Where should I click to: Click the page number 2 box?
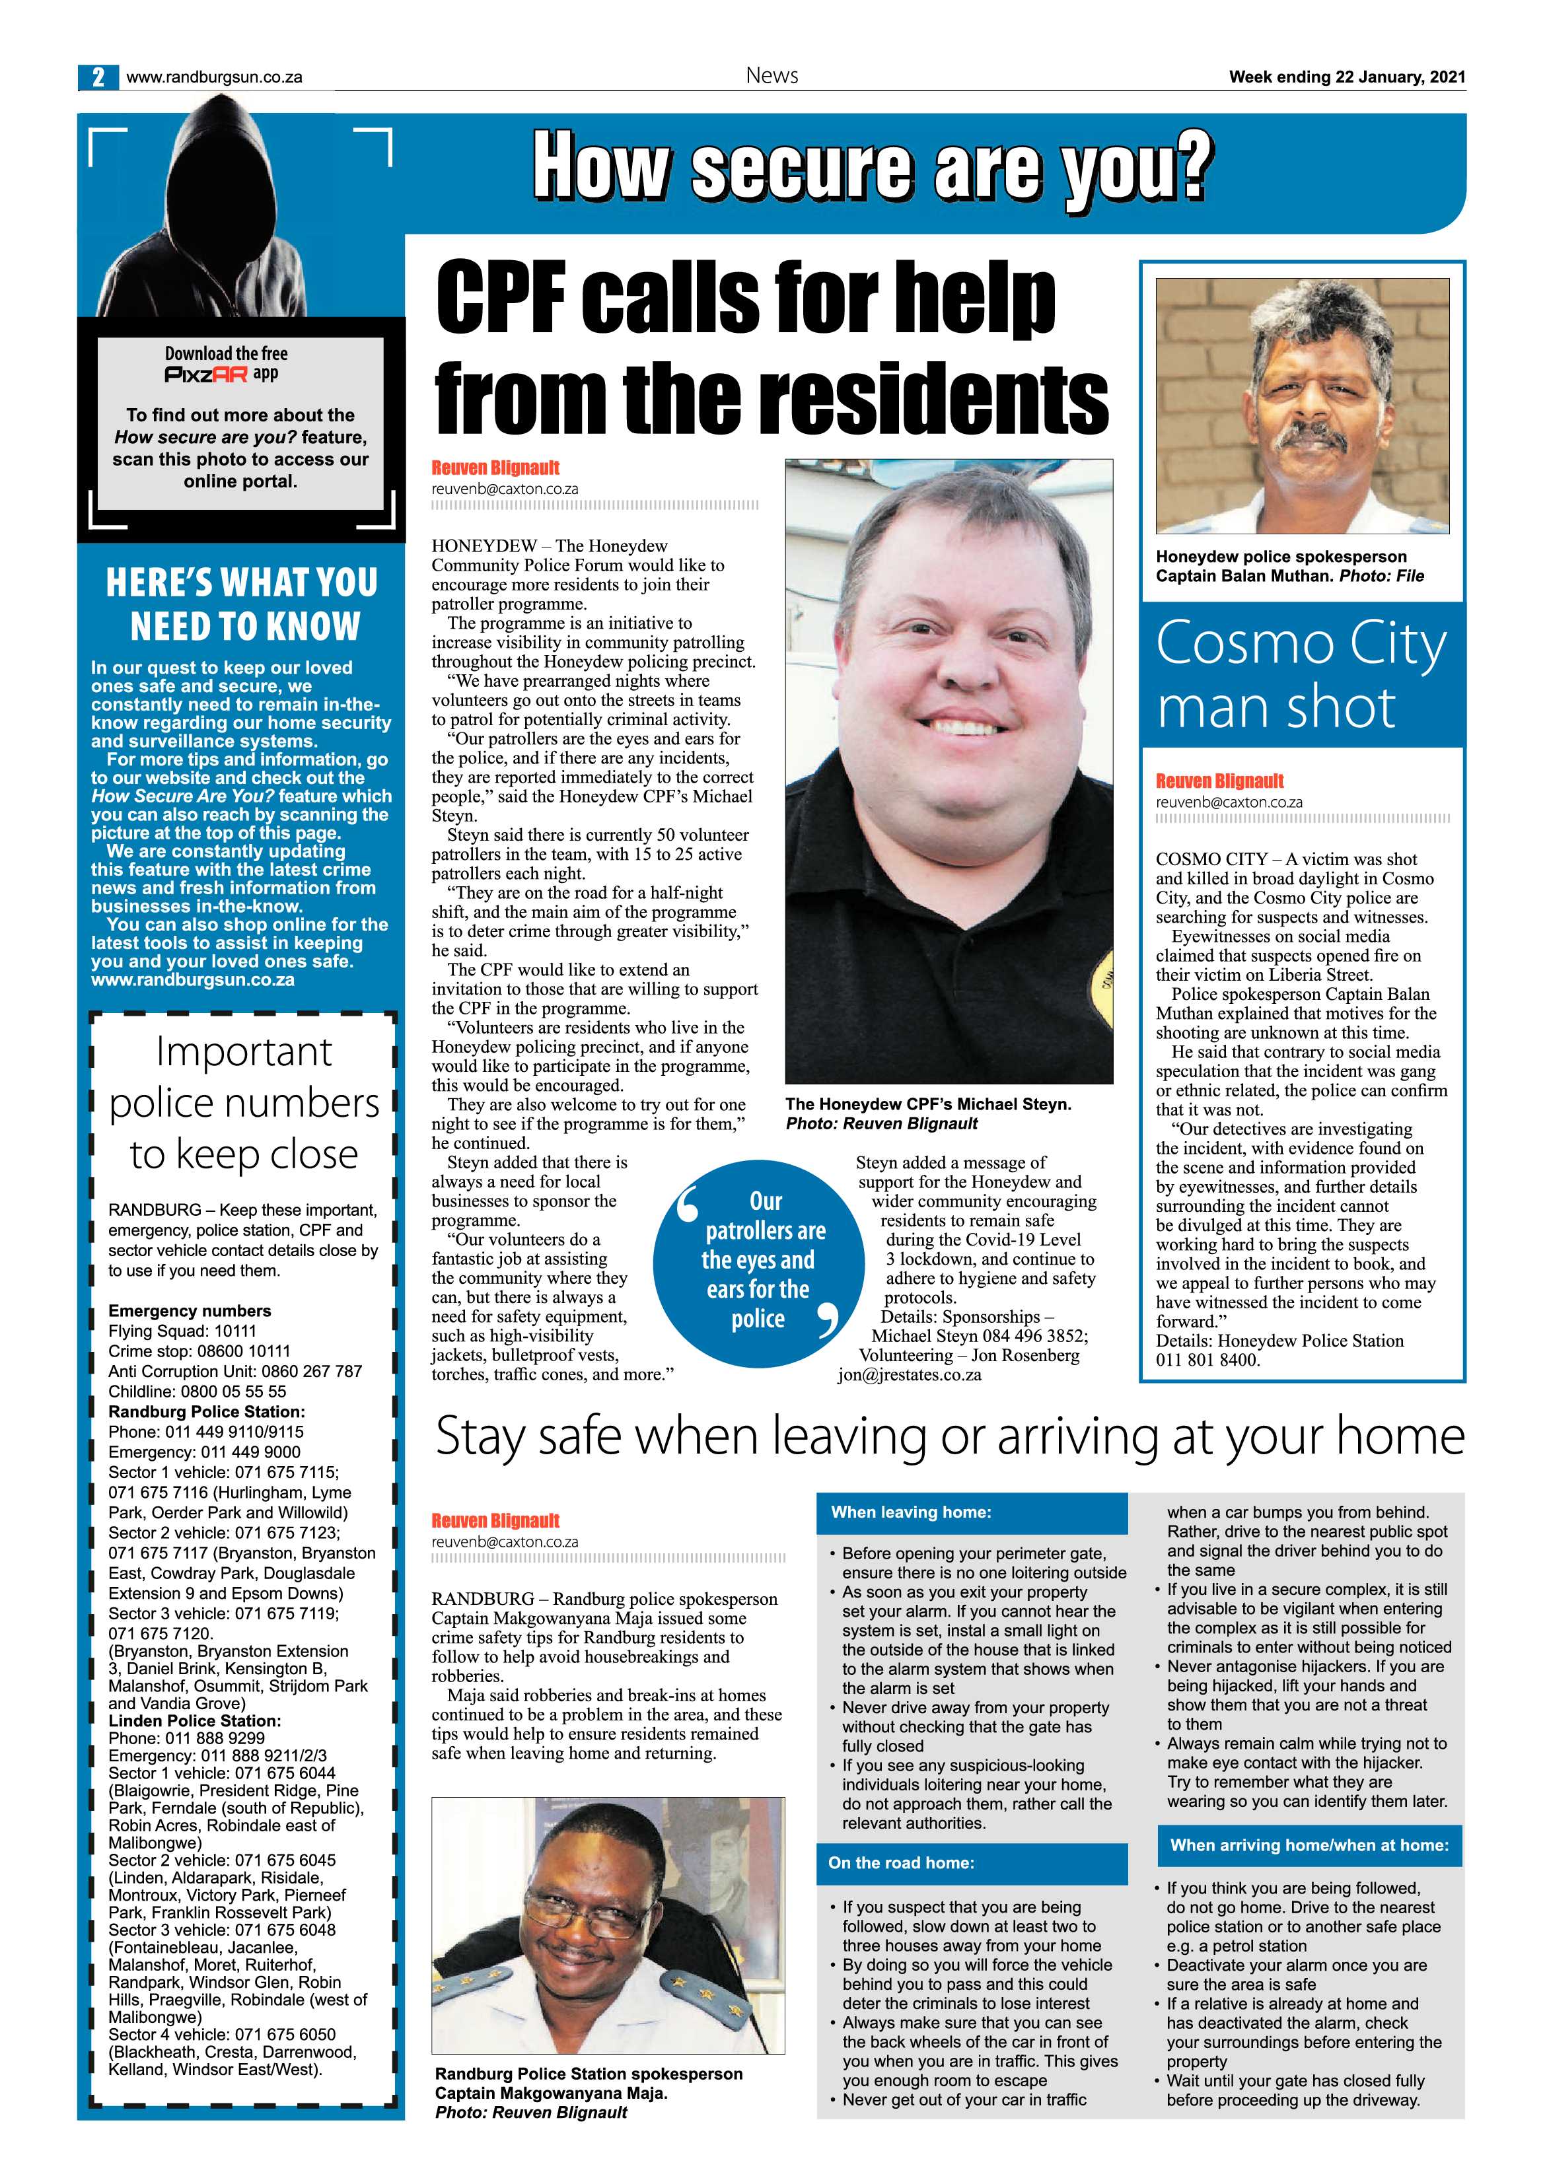click(98, 77)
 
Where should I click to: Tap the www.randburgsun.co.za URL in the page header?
click(214, 77)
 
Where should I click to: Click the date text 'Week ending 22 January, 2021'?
click(1346, 77)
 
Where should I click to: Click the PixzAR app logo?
click(207, 374)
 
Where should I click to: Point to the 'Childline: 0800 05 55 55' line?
click(197, 1391)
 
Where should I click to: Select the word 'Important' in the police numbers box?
click(244, 1052)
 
